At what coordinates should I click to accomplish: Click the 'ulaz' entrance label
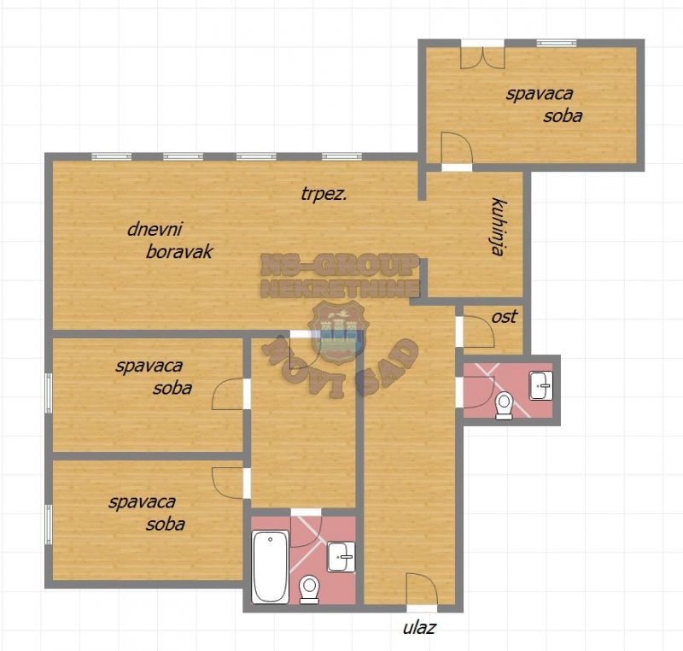(419, 627)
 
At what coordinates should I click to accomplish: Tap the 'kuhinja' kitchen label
(499, 226)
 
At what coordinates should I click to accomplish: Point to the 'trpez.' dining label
(324, 194)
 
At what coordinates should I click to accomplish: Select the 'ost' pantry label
(505, 317)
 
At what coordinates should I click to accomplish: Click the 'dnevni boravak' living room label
(170, 241)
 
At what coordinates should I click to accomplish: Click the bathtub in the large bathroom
(271, 566)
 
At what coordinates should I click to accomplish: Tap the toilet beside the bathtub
(310, 589)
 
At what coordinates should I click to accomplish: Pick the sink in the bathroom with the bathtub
(341, 556)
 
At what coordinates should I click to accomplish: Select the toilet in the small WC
(505, 406)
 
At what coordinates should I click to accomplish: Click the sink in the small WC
(541, 385)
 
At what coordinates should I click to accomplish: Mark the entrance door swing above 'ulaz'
(422, 589)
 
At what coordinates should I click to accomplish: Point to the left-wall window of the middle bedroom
(49, 392)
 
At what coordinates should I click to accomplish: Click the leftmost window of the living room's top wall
(112, 157)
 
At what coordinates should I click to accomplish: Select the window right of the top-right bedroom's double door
(557, 43)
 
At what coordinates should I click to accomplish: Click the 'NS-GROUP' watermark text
(339, 265)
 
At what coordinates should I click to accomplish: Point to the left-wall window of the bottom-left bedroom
(49, 525)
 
